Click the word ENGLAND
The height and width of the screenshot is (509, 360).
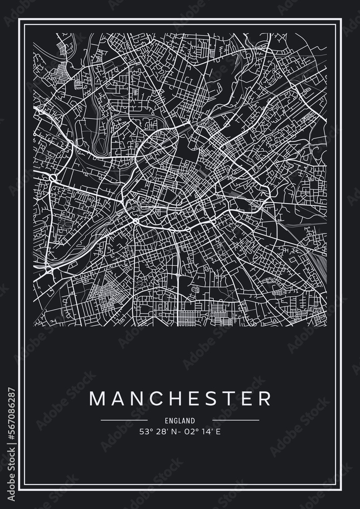click(180, 421)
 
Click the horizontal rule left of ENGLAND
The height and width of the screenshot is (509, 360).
click(124, 420)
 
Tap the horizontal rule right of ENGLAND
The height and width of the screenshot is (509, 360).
click(236, 420)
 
